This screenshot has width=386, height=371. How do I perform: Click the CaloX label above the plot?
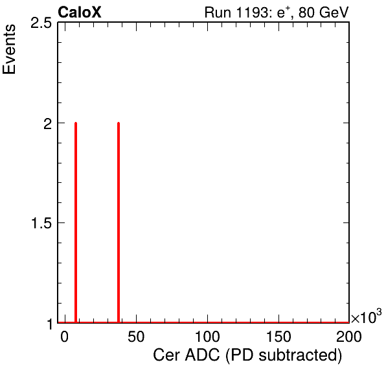click(80, 12)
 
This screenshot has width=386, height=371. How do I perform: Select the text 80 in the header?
click(307, 12)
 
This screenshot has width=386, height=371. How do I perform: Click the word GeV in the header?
click(334, 12)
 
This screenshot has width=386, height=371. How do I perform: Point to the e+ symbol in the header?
click(284, 12)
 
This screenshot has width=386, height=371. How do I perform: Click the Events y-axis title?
click(9, 49)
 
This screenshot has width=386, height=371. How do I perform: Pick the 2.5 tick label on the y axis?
click(41, 23)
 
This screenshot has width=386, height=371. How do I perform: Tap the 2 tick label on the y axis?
click(47, 123)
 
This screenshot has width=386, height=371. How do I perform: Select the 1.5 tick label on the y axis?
click(41, 223)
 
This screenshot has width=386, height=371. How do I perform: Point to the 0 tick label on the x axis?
click(64, 336)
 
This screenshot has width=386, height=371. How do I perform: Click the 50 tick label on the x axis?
click(136, 336)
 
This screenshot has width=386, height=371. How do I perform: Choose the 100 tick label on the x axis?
click(207, 336)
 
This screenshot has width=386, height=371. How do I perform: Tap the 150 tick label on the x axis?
click(278, 336)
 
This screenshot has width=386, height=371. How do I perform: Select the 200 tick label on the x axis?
click(349, 336)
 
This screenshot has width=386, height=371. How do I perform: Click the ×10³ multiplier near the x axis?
click(367, 317)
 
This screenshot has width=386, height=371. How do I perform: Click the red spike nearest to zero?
click(76, 222)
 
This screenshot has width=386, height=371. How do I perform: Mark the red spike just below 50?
click(119, 222)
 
